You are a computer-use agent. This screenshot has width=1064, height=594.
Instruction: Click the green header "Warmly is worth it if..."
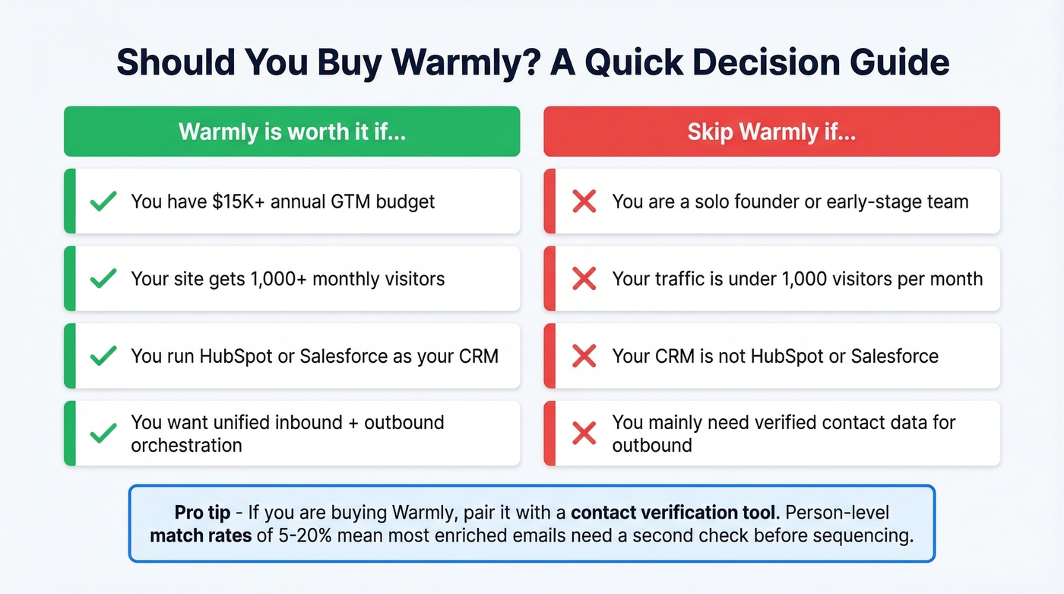(292, 132)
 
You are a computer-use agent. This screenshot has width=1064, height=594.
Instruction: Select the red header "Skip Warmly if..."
(771, 132)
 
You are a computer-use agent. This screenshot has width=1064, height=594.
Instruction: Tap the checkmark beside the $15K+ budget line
(103, 202)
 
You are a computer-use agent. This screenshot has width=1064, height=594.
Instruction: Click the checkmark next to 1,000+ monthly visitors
(103, 278)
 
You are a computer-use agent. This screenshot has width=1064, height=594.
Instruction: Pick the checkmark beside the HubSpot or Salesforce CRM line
(103, 356)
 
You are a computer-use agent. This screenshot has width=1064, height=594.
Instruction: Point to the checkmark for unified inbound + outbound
(103, 433)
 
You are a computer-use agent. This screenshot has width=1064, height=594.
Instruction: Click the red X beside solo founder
(584, 202)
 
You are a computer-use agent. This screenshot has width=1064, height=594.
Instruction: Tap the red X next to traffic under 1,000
(584, 278)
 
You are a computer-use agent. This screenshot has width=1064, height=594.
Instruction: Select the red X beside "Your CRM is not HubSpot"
(584, 356)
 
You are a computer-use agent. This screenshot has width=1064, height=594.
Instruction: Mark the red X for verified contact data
(584, 433)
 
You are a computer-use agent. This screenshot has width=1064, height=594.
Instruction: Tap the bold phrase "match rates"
(201, 535)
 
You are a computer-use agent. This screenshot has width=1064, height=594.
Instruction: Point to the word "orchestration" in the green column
(186, 445)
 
